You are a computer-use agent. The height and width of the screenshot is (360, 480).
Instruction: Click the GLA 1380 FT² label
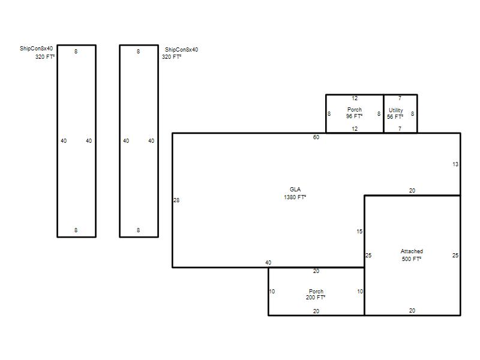(295, 193)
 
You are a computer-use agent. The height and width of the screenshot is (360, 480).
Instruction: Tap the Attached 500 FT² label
(412, 255)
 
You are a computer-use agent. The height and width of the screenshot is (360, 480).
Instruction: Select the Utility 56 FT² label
(395, 113)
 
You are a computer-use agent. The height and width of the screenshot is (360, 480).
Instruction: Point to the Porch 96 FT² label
(355, 113)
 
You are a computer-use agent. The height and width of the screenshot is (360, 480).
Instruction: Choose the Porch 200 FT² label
(316, 294)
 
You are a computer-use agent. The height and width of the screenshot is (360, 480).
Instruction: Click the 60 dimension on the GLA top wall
(316, 137)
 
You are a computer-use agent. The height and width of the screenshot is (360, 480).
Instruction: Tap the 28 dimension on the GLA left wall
(176, 200)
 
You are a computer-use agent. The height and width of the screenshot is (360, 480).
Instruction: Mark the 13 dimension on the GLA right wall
(455, 164)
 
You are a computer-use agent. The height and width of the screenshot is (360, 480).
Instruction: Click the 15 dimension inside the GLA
(359, 232)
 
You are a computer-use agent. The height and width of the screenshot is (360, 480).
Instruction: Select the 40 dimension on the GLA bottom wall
(268, 263)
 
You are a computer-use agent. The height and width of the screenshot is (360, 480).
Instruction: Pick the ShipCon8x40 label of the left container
(36, 49)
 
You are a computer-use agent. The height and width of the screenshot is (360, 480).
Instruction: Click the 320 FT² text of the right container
(172, 56)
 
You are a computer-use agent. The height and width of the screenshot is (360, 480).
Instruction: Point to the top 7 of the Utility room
(400, 98)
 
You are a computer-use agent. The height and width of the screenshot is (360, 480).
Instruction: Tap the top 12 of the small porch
(355, 98)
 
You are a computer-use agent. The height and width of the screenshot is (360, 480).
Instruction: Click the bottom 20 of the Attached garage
(412, 311)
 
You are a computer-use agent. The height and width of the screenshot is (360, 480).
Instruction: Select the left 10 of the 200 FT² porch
(272, 292)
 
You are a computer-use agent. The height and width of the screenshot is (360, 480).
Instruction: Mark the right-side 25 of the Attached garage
(455, 256)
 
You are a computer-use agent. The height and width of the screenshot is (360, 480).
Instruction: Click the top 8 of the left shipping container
(76, 52)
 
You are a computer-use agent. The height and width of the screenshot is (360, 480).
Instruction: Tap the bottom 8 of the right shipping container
(139, 230)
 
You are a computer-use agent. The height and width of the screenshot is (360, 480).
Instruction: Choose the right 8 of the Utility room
(412, 114)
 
